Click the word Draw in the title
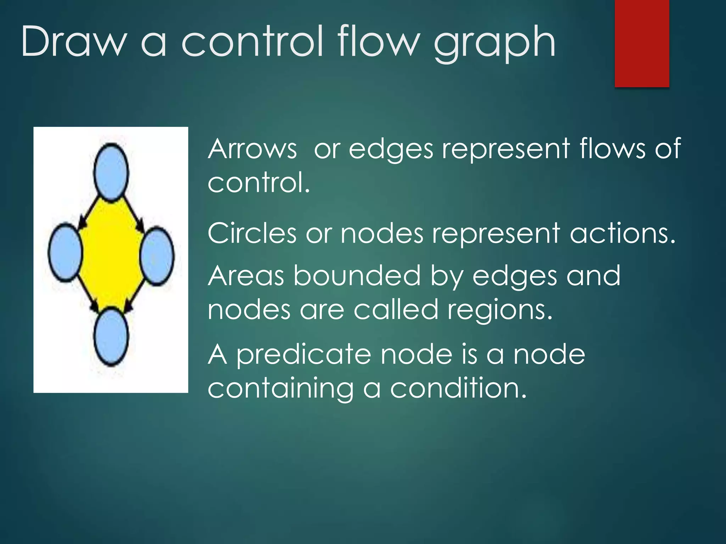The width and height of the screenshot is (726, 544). tap(74, 42)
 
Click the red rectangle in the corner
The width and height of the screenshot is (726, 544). tap(642, 43)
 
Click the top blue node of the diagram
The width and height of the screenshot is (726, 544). tap(111, 172)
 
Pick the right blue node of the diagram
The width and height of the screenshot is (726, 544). tap(157, 256)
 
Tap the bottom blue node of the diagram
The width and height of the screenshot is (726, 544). tap(111, 336)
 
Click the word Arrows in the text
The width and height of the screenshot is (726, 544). tap(252, 149)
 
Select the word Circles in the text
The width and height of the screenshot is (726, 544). tap(252, 233)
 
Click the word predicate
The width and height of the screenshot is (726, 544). tap(303, 355)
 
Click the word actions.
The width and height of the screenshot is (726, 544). tap(622, 234)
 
